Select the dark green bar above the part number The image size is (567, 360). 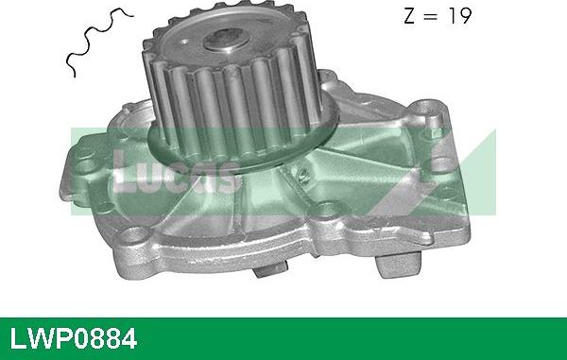pyautogui.click(x=283, y=318)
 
